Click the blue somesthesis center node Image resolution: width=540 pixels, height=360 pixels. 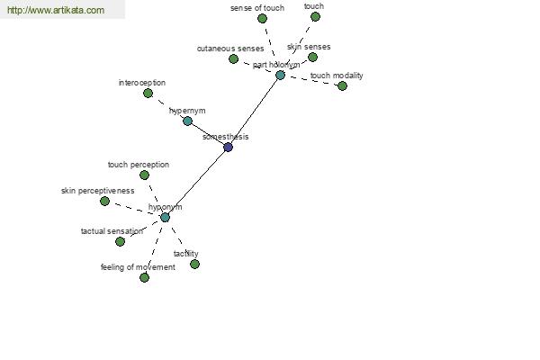pos(228,148)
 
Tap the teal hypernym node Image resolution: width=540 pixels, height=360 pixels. pos(187,121)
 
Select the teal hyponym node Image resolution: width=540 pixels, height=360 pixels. pos(165,218)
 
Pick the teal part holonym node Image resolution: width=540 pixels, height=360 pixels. pos(280,75)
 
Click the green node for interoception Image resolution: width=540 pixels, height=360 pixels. pos(148,93)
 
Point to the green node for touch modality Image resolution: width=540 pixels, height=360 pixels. pos(342,85)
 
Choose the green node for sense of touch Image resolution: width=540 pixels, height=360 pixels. pos(262,18)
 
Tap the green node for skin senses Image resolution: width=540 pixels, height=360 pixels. pos(312,58)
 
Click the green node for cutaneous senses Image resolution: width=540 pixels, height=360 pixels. pos(233,58)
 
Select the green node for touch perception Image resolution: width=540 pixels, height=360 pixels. pos(144,175)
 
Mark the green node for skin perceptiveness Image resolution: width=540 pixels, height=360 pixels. pos(104,202)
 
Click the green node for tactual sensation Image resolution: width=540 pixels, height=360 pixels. pos(120,241)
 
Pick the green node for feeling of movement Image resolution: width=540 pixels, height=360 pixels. pos(144,278)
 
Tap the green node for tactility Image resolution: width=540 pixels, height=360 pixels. pos(194,265)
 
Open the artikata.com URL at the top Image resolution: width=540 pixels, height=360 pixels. pos(56,10)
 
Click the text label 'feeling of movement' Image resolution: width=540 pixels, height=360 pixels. pos(138,267)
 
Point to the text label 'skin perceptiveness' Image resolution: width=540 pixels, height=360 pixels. pos(98,191)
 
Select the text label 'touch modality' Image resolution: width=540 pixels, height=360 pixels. pos(337,76)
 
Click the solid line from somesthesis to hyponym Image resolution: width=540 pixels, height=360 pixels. pos(196,183)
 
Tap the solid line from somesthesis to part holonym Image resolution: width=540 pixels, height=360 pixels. pos(254,112)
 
